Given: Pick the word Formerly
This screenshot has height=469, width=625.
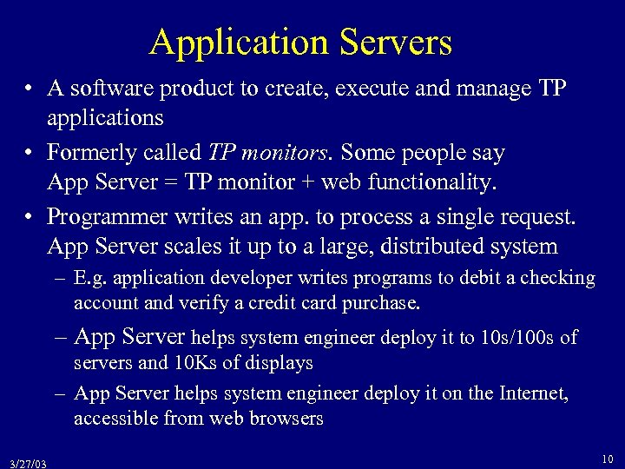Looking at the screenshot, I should coord(90,154).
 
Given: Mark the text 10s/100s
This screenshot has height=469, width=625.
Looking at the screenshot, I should coord(516,337).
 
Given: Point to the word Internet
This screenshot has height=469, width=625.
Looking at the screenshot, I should coord(531,394).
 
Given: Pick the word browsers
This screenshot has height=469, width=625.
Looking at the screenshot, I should coord(286,419).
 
